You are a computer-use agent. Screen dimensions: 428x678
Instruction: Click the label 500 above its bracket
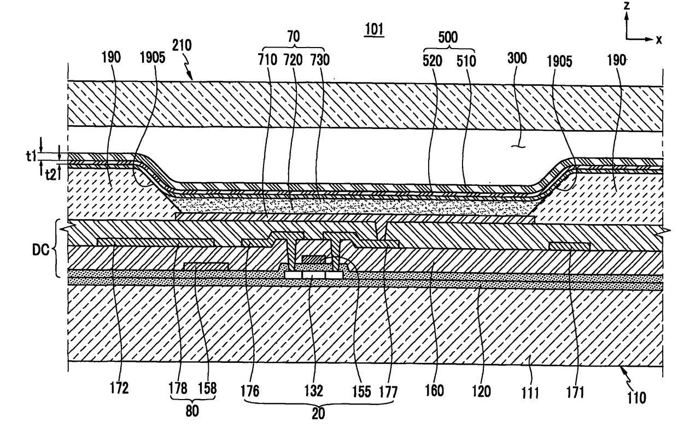(x=448, y=37)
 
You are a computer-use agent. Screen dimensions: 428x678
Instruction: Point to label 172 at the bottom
(x=119, y=389)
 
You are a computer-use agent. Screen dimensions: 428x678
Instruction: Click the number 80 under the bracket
(x=192, y=409)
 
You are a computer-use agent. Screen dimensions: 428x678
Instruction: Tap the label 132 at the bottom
(x=312, y=391)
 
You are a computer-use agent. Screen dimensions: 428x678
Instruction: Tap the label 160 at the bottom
(x=436, y=391)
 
